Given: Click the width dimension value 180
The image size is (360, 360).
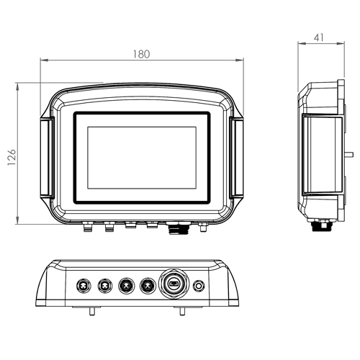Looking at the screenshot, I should click(141, 55).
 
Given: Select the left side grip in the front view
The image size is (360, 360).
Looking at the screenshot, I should click(47, 157).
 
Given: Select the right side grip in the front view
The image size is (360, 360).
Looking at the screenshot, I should click(236, 157).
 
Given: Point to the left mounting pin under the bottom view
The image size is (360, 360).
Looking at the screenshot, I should click(92, 311).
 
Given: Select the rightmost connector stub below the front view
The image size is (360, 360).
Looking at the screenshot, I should click(204, 228).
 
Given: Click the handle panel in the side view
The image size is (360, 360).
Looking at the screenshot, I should click(322, 155).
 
